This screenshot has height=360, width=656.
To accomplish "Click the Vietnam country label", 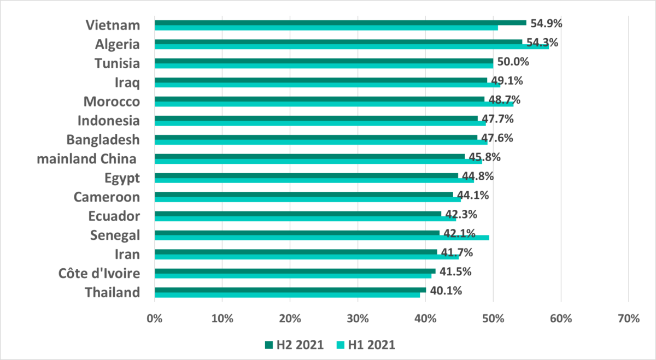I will tap(113, 25).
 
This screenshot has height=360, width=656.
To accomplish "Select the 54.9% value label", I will tap(546, 23).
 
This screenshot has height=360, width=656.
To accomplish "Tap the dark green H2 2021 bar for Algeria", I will tap(338, 42).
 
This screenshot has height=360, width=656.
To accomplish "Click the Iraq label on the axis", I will tap(127, 82).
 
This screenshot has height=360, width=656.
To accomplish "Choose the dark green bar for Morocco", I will tap(319, 99).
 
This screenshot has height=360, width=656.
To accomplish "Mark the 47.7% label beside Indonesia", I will tap(498, 119).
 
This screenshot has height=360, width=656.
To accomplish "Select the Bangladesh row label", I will tap(103, 140).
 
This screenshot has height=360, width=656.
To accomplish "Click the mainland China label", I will tap(86, 159).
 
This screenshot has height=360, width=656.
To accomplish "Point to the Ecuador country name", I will tap(114, 216).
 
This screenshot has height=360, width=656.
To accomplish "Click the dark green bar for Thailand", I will tap(290, 290).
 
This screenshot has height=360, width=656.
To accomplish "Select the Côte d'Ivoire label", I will tap(99, 273).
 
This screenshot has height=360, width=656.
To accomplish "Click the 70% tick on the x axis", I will tap(628, 318).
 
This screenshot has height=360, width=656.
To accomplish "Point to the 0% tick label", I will tap(155, 318).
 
